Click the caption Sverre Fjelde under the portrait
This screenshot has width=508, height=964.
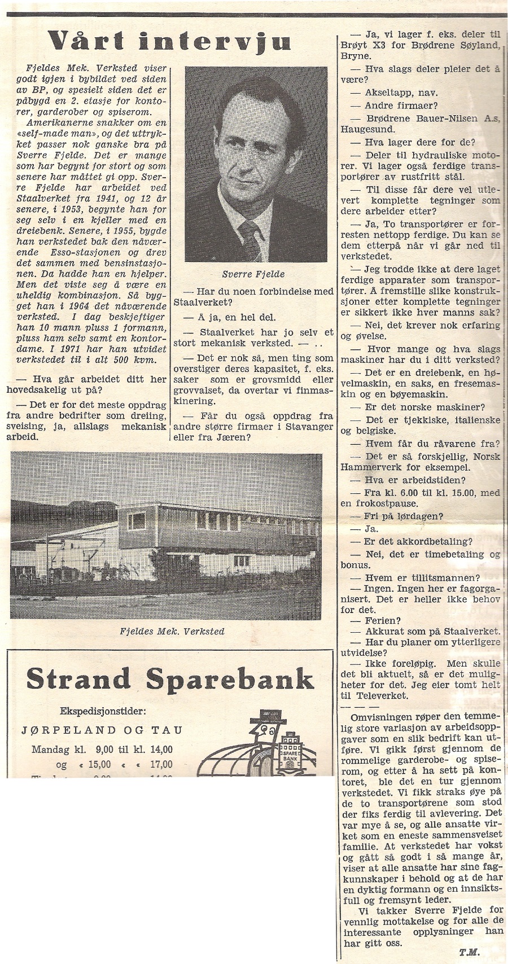(253, 274)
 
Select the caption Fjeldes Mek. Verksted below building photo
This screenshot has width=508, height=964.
(172, 631)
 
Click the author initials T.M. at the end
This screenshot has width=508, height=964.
(468, 952)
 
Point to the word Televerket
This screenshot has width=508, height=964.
(374, 696)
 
